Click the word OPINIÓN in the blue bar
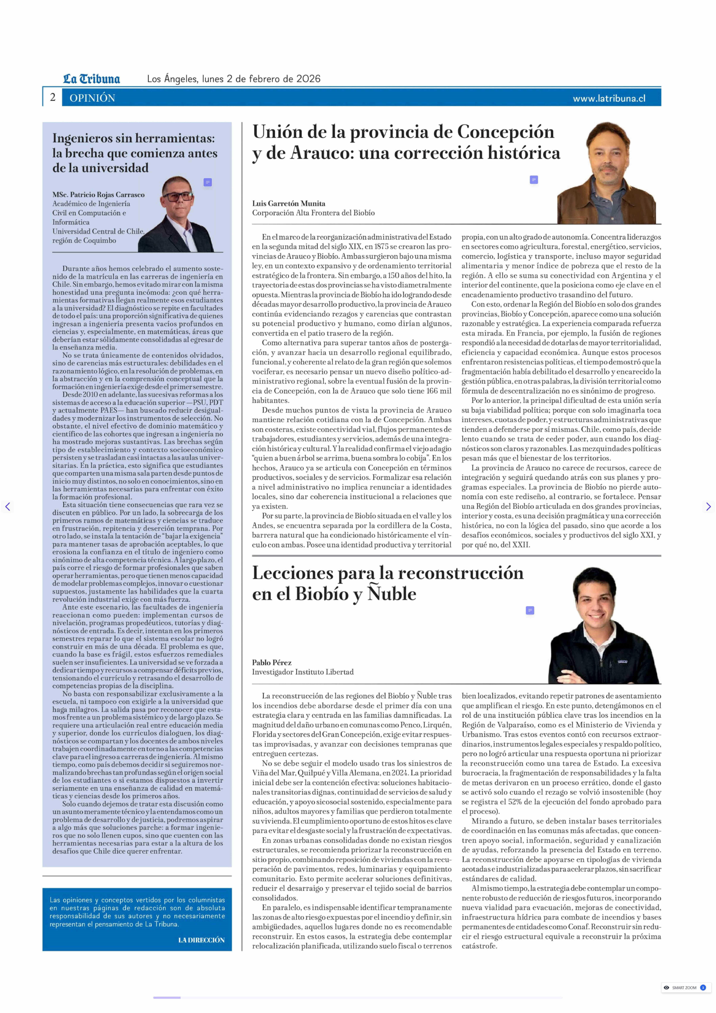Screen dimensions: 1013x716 [x=92, y=98]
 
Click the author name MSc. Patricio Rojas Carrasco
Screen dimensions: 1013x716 [x=98, y=195]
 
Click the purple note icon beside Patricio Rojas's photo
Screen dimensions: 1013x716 [x=208, y=182]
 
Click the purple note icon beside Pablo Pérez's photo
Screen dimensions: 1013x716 [x=530, y=610]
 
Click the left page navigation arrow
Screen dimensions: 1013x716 [x=7, y=507]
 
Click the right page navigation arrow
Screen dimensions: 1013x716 [x=708, y=507]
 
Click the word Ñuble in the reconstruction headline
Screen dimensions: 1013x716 [x=392, y=594]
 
